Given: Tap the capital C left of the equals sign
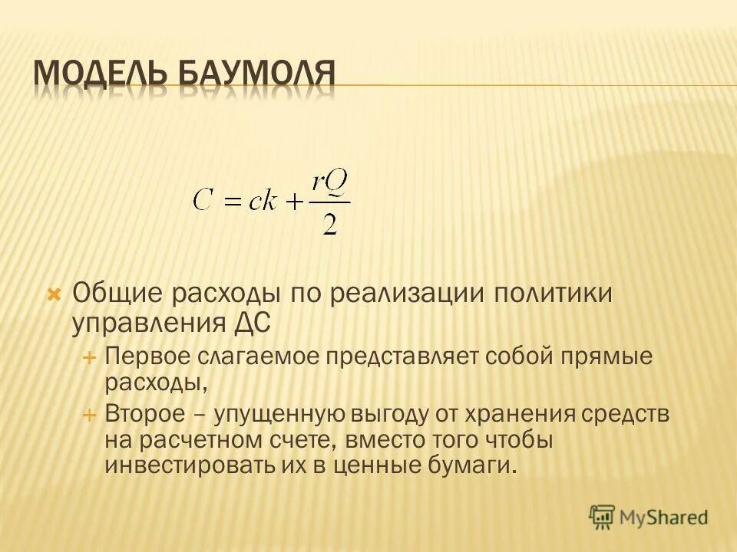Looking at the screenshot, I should (x=203, y=200).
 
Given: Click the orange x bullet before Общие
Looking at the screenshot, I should (x=54, y=294).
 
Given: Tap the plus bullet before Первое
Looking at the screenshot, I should (x=88, y=357).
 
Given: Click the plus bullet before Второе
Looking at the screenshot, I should (x=88, y=415).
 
